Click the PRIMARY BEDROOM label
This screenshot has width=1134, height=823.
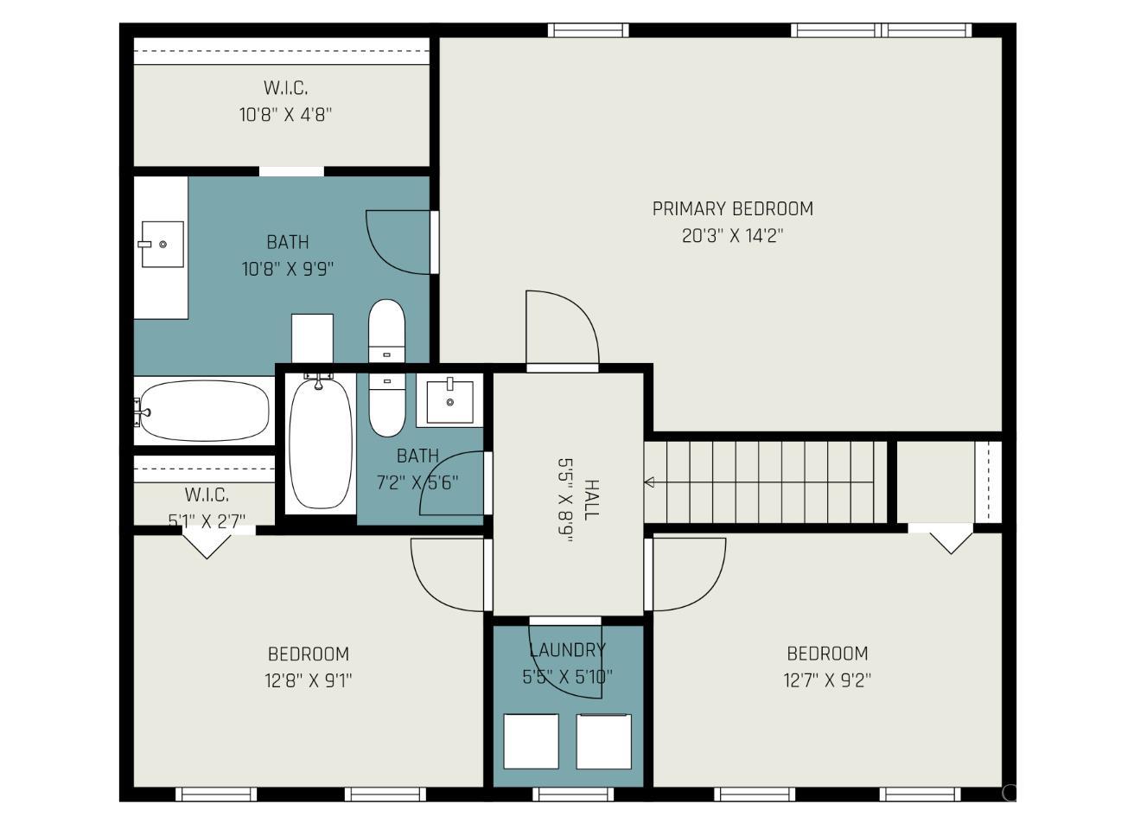(732, 208)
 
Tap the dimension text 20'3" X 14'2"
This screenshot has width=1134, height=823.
(732, 235)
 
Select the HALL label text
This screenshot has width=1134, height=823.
(591, 500)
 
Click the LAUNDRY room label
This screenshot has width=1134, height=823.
(567, 649)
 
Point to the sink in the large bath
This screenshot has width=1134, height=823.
(162, 245)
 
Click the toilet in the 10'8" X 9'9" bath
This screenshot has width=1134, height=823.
(385, 330)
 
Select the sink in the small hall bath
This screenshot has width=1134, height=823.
(449, 402)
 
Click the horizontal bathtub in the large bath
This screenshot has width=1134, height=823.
(204, 411)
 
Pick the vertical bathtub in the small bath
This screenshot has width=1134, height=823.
(320, 441)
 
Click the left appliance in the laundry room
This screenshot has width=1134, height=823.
(531, 741)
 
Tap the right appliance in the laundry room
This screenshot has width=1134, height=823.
(603, 741)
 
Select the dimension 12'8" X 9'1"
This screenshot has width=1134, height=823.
(308, 680)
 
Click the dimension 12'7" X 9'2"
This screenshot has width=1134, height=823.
(827, 680)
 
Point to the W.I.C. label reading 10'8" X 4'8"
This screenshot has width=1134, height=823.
(285, 114)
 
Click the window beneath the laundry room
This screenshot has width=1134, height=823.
(572, 794)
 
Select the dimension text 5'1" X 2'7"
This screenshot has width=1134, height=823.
(207, 520)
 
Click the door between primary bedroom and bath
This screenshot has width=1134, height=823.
(399, 242)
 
